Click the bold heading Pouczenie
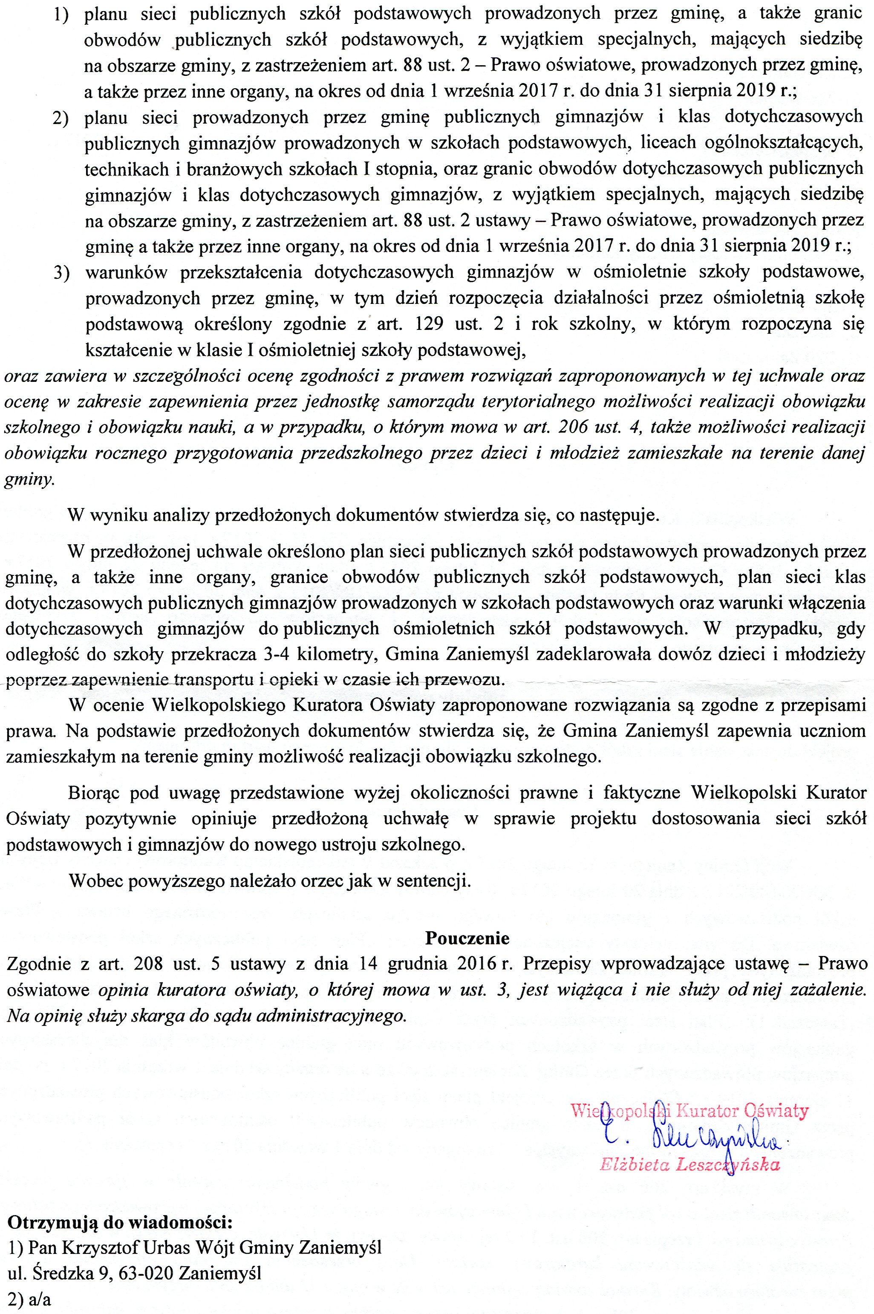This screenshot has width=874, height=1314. point(467,938)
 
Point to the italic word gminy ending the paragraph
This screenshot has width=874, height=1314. point(29,480)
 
